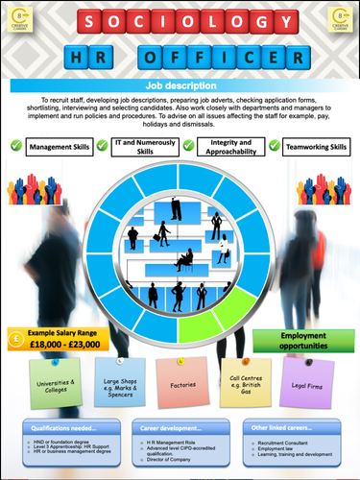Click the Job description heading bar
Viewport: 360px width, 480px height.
(180, 86)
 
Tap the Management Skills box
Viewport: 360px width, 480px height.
(59, 147)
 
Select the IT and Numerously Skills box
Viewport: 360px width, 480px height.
(145, 147)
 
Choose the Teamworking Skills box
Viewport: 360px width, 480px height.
(312, 147)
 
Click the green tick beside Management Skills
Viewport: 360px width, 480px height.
(14, 147)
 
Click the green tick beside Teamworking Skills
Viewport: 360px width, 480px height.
(275, 147)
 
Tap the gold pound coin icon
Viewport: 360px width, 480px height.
(16, 338)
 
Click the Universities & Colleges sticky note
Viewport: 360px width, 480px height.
(56, 384)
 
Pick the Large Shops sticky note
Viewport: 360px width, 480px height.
(118, 384)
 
